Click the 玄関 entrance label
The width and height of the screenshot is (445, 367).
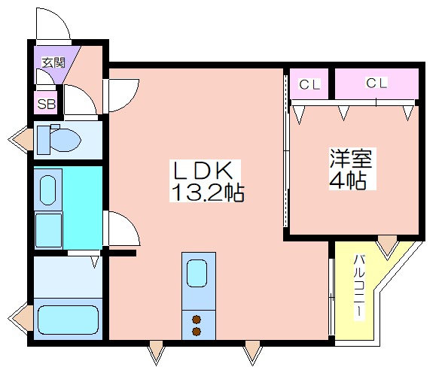point(53,62)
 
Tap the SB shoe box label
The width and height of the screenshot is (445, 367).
point(46,105)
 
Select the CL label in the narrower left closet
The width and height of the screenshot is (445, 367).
point(309,84)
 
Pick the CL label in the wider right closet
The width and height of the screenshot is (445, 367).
point(376,83)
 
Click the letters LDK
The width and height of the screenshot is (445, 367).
point(203,170)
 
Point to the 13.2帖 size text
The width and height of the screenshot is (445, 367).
point(208,193)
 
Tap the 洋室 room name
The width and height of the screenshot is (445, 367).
point(351,158)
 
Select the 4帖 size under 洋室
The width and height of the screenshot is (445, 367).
point(347,180)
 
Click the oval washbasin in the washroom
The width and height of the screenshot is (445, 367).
point(47,190)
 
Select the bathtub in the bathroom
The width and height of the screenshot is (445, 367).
point(68,320)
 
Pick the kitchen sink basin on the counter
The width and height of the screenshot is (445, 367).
point(198,274)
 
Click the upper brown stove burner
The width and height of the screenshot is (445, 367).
point(197,320)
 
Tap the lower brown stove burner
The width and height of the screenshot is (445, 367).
point(197,331)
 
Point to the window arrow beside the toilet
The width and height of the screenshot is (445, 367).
point(21,139)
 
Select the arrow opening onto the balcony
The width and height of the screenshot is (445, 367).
point(387,247)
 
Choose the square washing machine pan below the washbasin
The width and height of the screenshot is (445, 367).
point(48,230)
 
